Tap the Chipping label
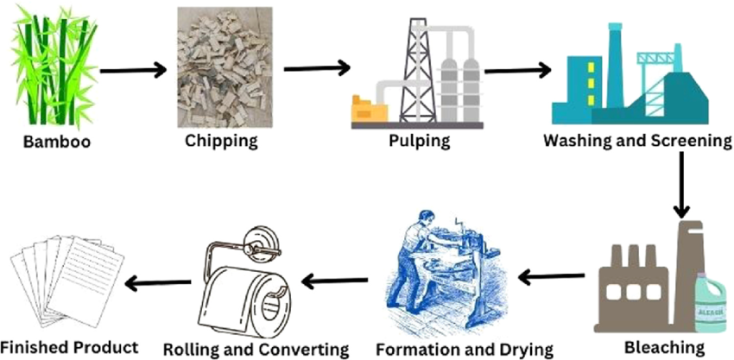pos(221,140)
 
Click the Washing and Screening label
pos(638,140)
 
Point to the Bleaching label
pos(664,347)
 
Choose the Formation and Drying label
pos(465,349)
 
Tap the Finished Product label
pos(69,347)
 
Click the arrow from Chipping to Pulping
pos(317,68)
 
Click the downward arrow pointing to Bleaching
pos(682,186)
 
